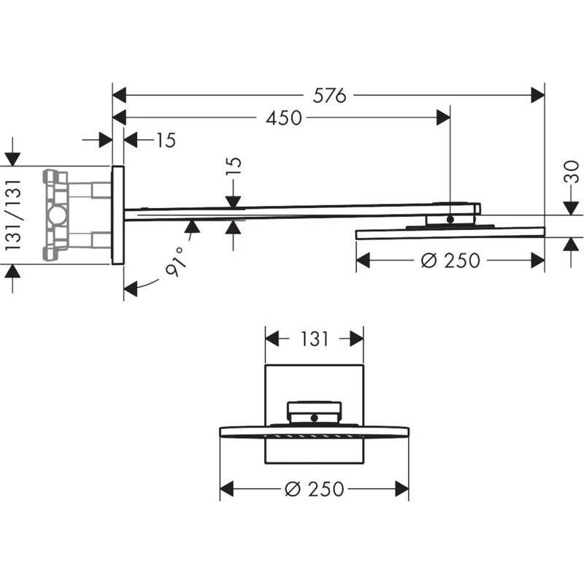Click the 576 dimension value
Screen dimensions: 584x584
(x=329, y=95)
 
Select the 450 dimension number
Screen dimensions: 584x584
(x=284, y=118)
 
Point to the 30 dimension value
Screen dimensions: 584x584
(x=572, y=172)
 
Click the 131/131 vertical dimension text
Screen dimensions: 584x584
(x=13, y=216)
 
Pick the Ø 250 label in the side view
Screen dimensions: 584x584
(x=450, y=260)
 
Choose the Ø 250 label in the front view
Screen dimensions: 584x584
(x=314, y=488)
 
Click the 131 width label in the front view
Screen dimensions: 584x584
(x=314, y=339)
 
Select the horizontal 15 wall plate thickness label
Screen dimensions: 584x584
(x=166, y=139)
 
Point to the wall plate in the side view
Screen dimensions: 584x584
(x=118, y=215)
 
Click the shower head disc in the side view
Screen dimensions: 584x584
(x=450, y=233)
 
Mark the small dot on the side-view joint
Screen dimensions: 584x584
(x=450, y=218)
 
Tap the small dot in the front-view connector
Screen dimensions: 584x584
(x=314, y=418)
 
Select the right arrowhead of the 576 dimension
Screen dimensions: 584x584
(x=538, y=95)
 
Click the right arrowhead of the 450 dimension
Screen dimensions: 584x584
(x=443, y=118)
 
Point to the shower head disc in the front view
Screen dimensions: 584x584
(x=314, y=432)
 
